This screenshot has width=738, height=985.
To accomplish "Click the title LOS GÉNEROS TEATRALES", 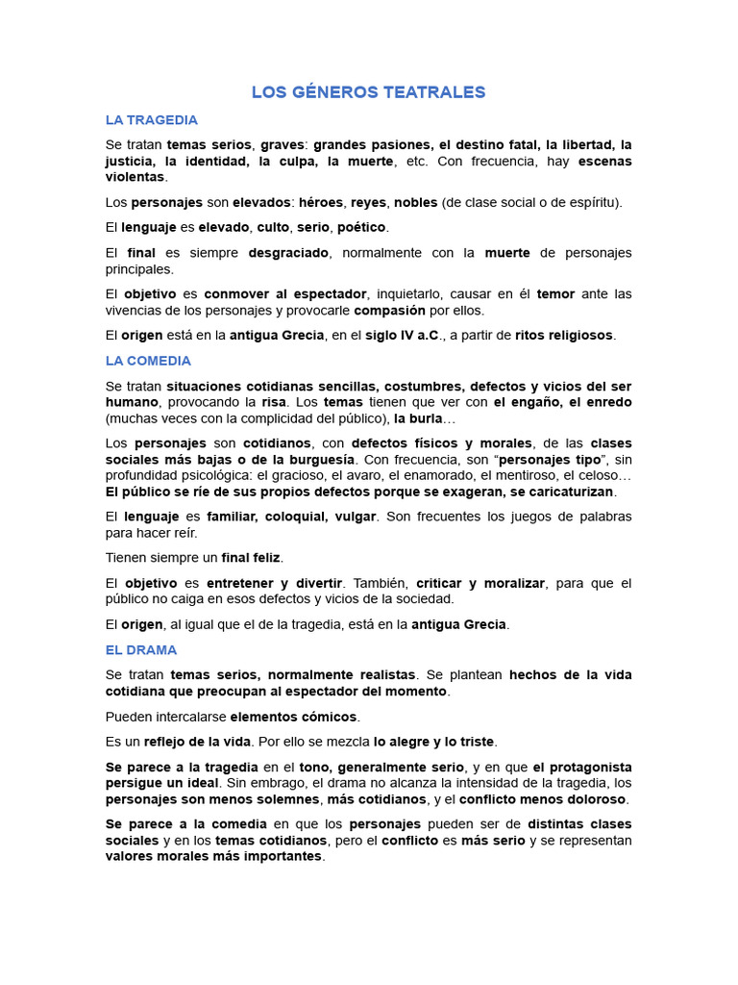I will point(368,92).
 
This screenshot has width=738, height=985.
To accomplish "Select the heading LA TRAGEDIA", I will point(152,120).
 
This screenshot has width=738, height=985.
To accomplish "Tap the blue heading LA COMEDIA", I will point(148,361).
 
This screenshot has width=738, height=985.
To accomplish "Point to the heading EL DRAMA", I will point(141,650).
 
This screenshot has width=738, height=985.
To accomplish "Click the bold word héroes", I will point(321,202).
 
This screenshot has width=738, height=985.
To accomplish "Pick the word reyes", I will point(368,202).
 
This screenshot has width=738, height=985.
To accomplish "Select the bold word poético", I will point(361,227).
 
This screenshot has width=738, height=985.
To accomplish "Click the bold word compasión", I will point(390,311).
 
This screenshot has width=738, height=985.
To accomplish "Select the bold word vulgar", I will point(356,517).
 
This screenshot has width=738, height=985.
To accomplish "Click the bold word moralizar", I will point(506,583).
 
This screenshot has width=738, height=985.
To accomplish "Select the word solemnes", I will point(283,799).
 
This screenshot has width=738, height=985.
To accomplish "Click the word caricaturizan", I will point(554,492).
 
